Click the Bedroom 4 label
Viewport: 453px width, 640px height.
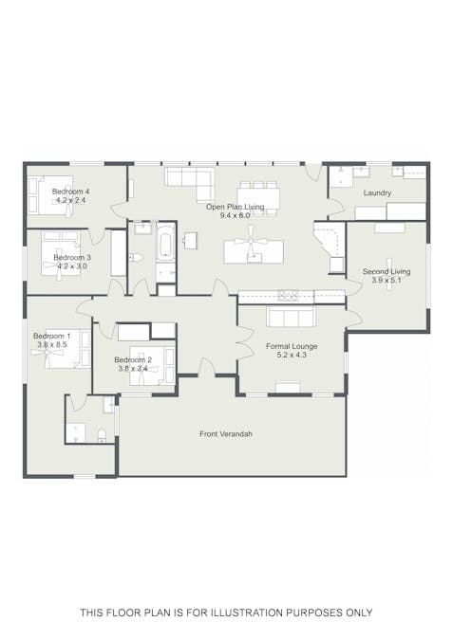coord(70,192)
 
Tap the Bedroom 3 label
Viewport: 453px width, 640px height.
coord(72,258)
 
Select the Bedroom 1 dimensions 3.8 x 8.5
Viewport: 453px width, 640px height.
coord(52,344)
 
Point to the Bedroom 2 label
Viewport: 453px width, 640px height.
coord(133,360)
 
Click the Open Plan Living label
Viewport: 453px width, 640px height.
coord(236,207)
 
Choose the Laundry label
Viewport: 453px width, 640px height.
coord(377,193)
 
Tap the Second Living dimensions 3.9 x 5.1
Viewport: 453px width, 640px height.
coord(387,281)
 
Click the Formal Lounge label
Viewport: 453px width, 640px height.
coord(292,346)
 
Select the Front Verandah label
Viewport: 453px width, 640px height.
coord(226,434)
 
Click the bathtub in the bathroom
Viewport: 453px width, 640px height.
coord(165,242)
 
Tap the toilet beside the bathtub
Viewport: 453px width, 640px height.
coord(135,258)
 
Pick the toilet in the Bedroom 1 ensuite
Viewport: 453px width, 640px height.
coord(103,435)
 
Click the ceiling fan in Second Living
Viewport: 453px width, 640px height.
coord(388,271)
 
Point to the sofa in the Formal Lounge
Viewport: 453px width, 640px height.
coord(291,317)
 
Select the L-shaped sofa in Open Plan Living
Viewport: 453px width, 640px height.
coord(190,183)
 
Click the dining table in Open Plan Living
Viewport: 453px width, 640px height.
coord(258,198)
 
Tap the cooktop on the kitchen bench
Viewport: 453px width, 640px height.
coord(289,295)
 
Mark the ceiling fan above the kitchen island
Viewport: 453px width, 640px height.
coord(250,242)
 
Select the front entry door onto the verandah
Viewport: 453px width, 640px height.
coord(207,367)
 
